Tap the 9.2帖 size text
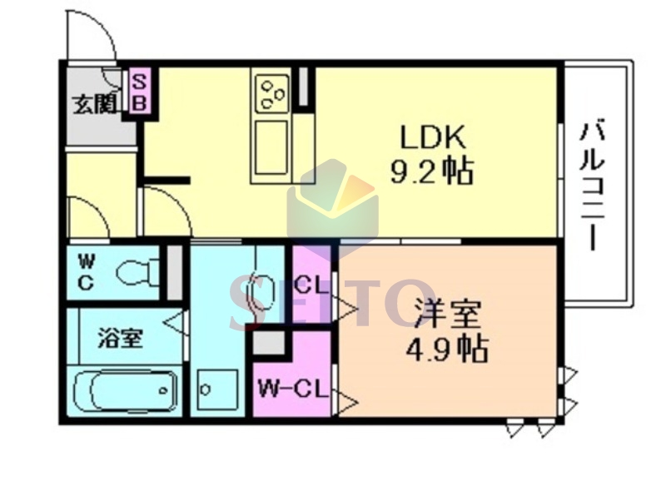[431, 171]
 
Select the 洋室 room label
[448, 314]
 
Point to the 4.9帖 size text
[446, 349]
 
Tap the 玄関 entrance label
[94, 104]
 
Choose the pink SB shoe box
[139, 90]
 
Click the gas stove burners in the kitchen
[271, 93]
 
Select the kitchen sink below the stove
[271, 147]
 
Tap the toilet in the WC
[137, 272]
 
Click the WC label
[86, 273]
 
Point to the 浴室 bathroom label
[120, 338]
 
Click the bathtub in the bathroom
[125, 390]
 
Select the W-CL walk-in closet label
[293, 388]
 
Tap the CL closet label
[311, 285]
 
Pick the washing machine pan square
[217, 389]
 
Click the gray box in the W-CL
[269, 343]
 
